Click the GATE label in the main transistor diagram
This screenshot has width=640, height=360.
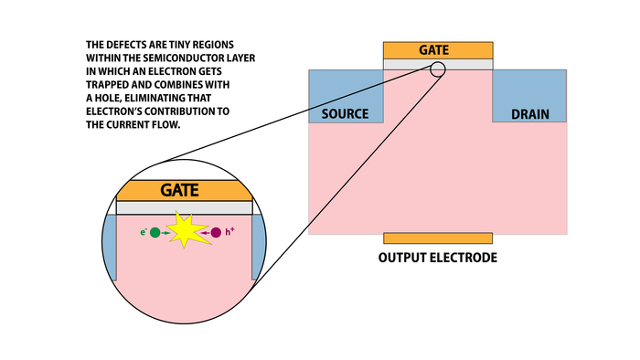[438, 49]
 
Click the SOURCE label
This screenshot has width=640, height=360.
[345, 114]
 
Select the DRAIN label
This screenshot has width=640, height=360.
[530, 114]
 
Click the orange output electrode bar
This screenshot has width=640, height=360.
[438, 238]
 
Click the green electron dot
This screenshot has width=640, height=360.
[155, 233]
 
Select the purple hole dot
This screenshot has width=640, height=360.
[217, 233]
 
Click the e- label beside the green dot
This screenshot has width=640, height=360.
[143, 232]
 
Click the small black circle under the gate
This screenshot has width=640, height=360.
[438, 69]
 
